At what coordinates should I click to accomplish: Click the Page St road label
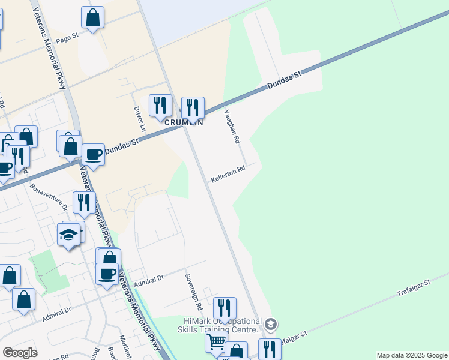click(x=67, y=37)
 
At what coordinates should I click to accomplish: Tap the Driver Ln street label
click(x=139, y=120)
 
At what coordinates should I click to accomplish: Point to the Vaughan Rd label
click(x=232, y=126)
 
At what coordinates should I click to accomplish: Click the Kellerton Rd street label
click(x=228, y=175)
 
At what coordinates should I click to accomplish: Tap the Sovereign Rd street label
click(x=194, y=292)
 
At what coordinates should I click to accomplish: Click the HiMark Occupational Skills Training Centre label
click(x=220, y=326)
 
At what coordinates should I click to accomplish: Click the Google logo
click(x=20, y=353)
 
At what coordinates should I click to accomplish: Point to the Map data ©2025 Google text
click(x=411, y=355)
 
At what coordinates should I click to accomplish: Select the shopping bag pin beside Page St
click(x=92, y=18)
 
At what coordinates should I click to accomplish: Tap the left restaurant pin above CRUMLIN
click(x=160, y=106)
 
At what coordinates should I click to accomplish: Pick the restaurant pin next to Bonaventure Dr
click(x=84, y=202)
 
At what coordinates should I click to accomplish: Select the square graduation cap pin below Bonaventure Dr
click(x=69, y=235)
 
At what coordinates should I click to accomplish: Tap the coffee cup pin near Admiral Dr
click(x=107, y=273)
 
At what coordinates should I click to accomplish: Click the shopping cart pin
click(x=216, y=342)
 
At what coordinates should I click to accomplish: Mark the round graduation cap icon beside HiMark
click(x=271, y=325)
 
